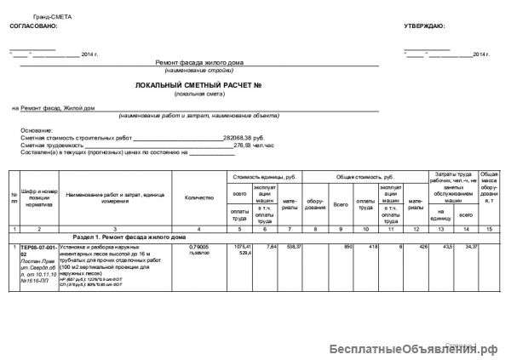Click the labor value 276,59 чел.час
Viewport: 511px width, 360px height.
point(253,146)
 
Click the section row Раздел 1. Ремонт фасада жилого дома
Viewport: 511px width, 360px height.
point(129,236)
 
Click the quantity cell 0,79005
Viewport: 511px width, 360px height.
point(198,247)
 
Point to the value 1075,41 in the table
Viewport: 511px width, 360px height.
point(239,246)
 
